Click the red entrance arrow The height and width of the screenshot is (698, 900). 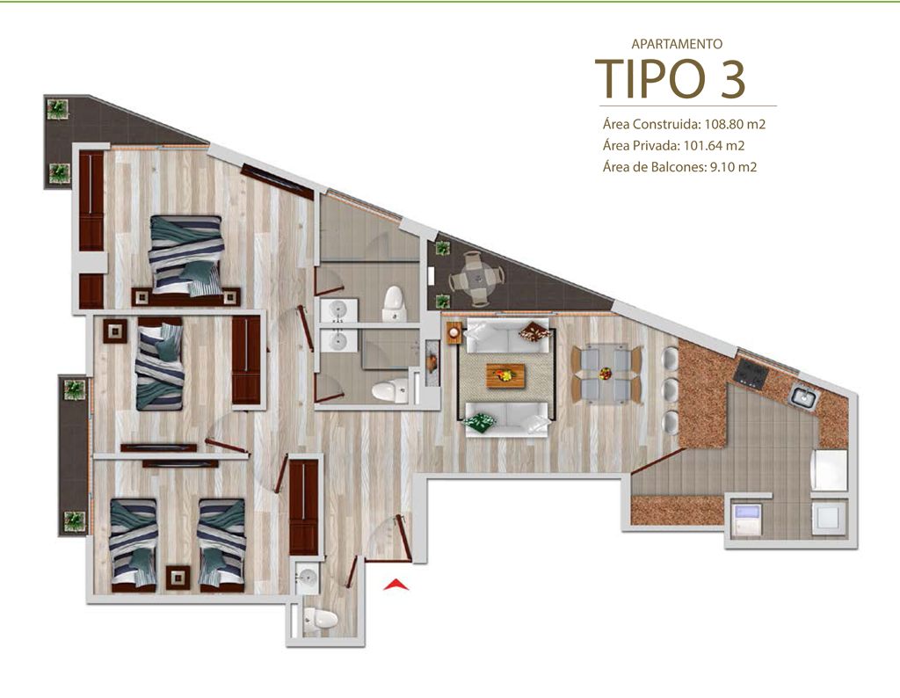tap(396, 585)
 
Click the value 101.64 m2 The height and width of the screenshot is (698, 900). tap(714, 146)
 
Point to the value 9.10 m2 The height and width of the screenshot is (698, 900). tap(734, 167)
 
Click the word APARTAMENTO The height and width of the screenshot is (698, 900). tap(677, 44)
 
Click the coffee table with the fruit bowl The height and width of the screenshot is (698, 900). tap(505, 375)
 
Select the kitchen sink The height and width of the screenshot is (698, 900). tap(803, 396)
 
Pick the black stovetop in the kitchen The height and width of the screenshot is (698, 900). tap(751, 373)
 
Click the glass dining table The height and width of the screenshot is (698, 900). tap(606, 374)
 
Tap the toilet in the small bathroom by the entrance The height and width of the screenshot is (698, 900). tap(319, 621)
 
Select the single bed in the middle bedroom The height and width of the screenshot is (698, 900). tap(160, 363)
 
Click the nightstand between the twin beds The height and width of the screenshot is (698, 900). tap(178, 578)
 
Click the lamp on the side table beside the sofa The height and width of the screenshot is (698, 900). tap(454, 331)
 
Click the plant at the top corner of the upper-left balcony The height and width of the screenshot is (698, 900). tap(57, 108)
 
